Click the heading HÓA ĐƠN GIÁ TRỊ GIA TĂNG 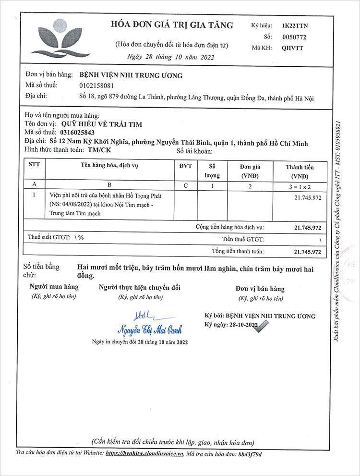[172, 25]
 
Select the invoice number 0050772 [295, 37]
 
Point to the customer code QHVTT [293, 48]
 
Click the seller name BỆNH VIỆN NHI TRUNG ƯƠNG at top [131, 75]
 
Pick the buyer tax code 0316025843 [78, 132]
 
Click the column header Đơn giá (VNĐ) [249, 171]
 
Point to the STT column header [35, 166]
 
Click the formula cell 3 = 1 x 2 [300, 184]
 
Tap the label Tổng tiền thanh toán [238, 251]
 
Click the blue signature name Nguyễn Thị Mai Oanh [150, 330]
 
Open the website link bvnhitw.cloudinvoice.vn [144, 453]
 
